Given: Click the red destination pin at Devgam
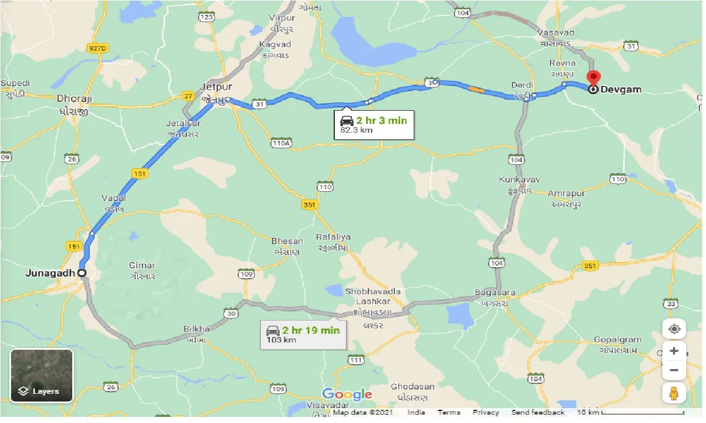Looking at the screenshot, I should point(593,78).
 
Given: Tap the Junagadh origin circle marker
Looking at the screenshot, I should point(82,273).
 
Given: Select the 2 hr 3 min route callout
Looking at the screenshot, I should point(373,124).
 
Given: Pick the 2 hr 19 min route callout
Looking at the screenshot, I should point(303,334).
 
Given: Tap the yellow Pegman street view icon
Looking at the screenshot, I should point(673,393).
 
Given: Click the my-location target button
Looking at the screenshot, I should point(673,329).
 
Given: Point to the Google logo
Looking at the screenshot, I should point(347,394).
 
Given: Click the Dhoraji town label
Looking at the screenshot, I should point(74,99).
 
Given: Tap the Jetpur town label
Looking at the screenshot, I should point(217,87).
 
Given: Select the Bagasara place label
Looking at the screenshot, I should point(495,292).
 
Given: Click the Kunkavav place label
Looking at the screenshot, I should point(520,180).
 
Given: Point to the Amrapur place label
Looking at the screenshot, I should point(567,194).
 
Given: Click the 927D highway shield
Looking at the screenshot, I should point(98,48).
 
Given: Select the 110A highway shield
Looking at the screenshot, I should point(281,144).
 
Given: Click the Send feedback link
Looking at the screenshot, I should point(538,413).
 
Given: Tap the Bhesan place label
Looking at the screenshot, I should point(287,241).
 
